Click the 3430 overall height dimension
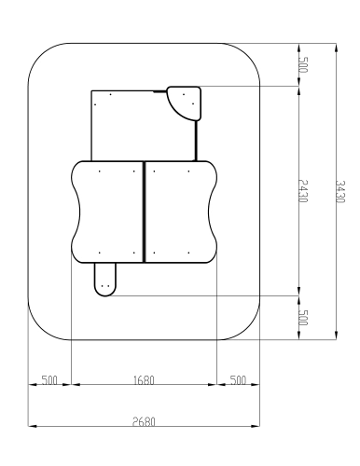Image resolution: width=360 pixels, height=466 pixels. (340, 191)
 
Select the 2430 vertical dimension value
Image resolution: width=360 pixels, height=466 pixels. (303, 191)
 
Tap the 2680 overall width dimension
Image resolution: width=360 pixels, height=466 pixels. (144, 421)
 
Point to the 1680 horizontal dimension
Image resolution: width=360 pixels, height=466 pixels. (144, 380)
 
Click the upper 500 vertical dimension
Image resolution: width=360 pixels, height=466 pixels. (303, 64)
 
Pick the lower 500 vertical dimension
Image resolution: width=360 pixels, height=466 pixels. (303, 318)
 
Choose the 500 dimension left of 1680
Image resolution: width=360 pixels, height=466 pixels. (49, 380)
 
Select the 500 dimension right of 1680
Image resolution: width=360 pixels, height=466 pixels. (238, 380)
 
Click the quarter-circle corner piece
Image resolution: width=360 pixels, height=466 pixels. (184, 103)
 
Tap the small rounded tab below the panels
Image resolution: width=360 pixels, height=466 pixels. (105, 280)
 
